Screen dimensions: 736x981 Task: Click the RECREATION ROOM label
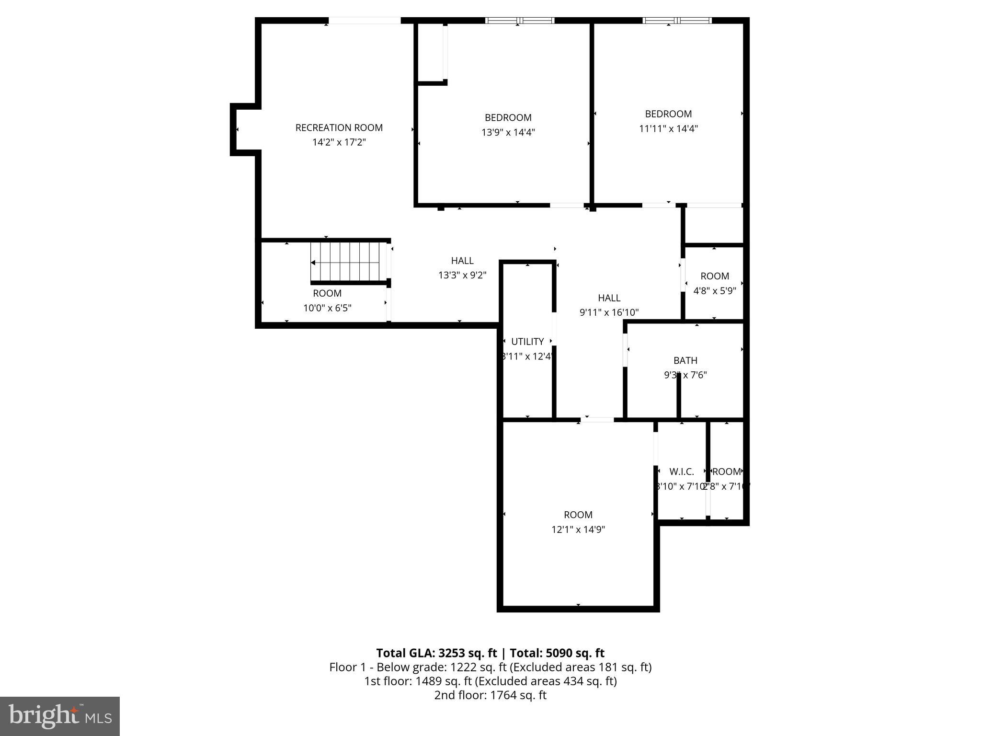339,127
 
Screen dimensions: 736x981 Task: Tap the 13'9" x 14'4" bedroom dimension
508,132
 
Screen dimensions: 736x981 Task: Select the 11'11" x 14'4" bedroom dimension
668,128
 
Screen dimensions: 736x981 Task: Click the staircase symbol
348,262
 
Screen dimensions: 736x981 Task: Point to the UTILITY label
527,342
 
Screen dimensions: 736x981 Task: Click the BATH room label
685,360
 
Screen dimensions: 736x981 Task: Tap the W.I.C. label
681,471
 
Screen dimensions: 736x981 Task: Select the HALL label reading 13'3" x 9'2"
462,261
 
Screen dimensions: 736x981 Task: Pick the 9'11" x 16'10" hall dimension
609,312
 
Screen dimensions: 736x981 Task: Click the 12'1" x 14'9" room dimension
578,529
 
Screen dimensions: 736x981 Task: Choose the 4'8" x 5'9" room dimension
714,290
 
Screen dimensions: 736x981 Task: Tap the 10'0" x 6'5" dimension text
327,308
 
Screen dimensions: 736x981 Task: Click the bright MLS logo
60,716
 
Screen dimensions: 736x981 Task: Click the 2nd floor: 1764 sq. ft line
490,695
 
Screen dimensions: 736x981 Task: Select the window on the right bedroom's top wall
677,21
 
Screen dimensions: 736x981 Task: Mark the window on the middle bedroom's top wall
520,21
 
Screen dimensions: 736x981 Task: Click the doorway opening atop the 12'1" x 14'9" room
597,420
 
